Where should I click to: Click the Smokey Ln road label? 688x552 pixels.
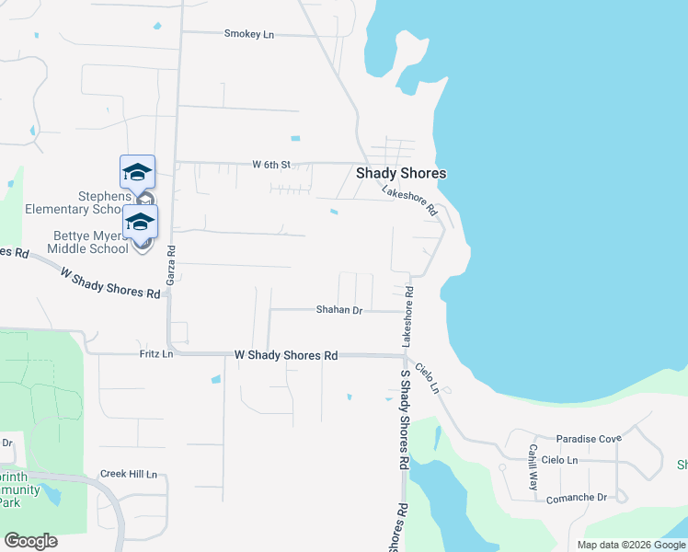[249, 34]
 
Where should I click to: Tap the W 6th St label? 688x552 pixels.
[272, 165]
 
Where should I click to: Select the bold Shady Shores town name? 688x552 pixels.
[401, 173]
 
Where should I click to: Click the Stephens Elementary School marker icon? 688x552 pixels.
[138, 174]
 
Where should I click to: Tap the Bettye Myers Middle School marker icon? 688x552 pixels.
[141, 224]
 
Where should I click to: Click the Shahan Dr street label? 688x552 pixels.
[339, 310]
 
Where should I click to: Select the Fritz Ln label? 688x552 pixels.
[155, 353]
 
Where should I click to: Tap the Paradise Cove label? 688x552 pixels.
[589, 438]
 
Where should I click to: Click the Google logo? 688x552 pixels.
[30, 541]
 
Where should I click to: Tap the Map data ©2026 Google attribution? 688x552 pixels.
[630, 545]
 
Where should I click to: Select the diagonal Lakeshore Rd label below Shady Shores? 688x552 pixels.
[409, 200]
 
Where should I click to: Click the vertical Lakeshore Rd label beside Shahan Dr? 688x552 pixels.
[407, 316]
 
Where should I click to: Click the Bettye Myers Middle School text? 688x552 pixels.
[89, 242]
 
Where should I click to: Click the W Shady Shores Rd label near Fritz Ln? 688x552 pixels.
[286, 354]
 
